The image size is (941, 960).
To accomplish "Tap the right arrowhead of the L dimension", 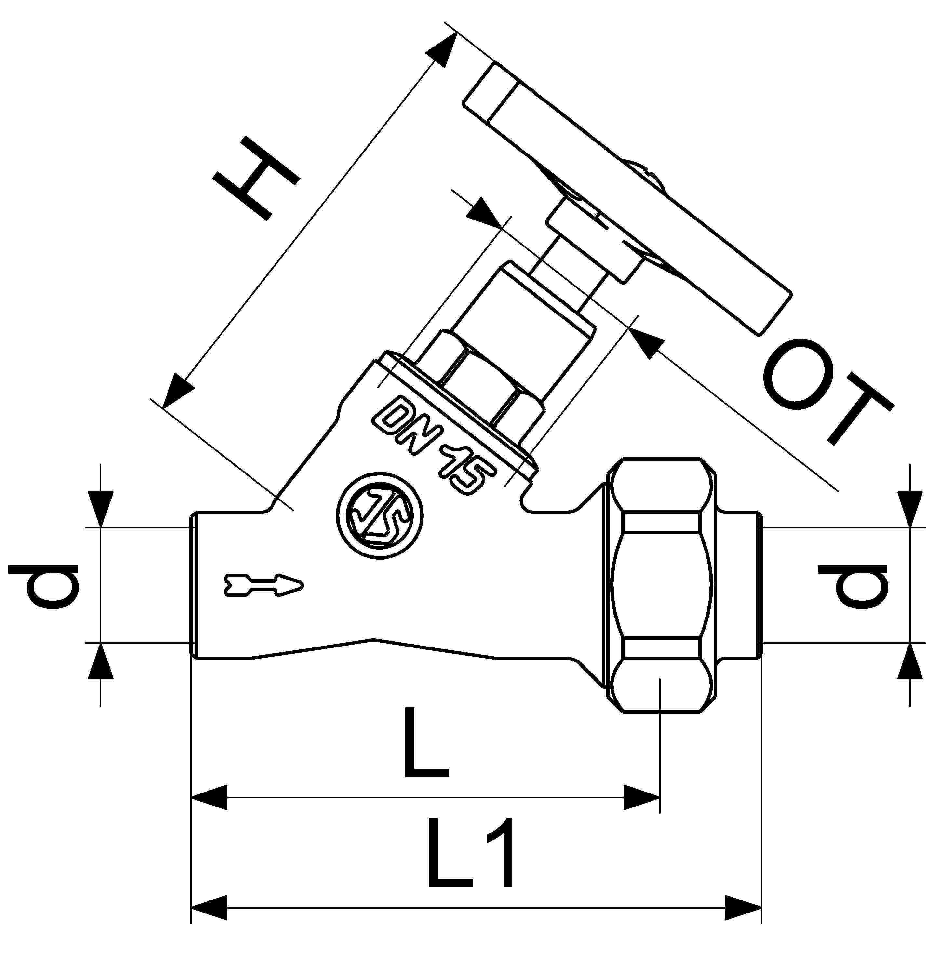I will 641,797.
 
